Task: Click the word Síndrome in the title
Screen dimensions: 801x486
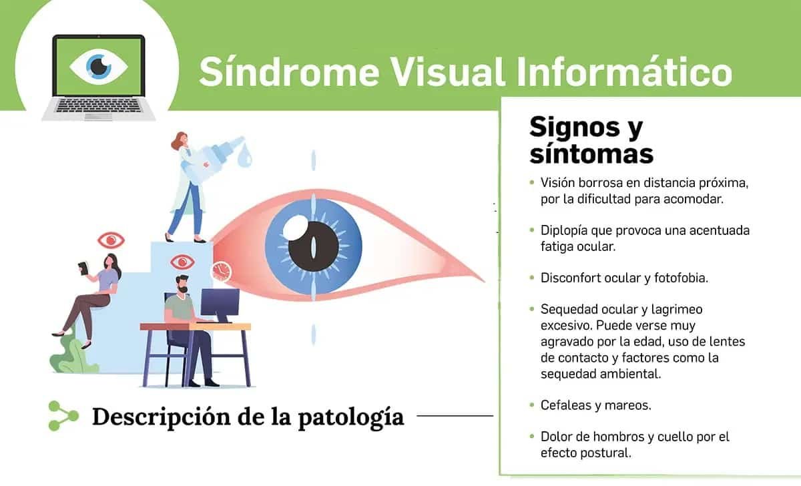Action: pos(289,72)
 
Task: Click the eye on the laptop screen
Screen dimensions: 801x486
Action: pos(99,67)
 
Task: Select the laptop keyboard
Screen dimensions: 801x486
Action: pos(99,105)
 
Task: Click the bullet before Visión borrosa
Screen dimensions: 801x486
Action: pos(532,183)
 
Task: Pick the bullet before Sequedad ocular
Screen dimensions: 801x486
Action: pos(532,309)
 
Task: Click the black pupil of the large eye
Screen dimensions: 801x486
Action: pos(314,247)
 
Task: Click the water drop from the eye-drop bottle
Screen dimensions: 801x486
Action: pos(245,155)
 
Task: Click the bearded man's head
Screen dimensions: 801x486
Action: pos(182,284)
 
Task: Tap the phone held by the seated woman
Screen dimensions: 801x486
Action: pos(83,268)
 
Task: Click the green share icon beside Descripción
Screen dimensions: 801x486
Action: pos(63,416)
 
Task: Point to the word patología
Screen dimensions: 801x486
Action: pos(351,417)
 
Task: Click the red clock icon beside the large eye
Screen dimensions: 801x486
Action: pos(222,271)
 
